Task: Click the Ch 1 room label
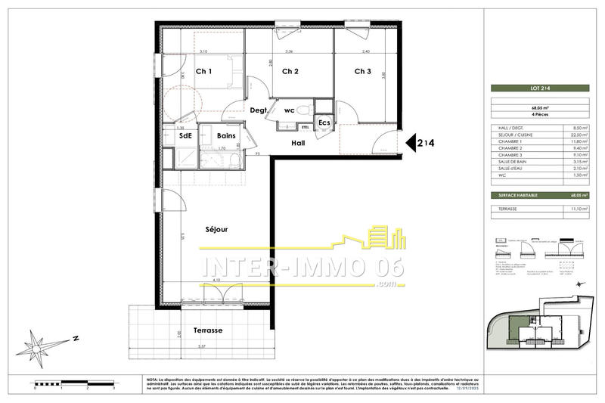203,72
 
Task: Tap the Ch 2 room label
290,72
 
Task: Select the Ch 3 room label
362,72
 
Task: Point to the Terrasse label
207,331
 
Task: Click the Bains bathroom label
227,136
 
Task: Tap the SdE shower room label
185,136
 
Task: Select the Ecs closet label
324,122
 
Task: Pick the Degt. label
259,110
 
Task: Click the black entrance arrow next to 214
412,142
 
